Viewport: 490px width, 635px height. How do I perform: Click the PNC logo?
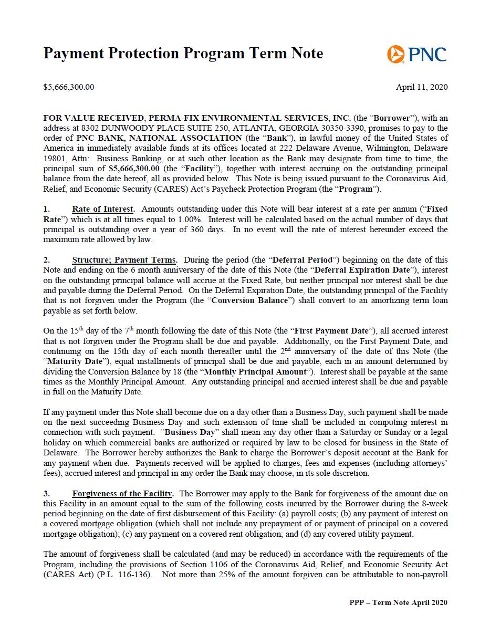(x=416, y=54)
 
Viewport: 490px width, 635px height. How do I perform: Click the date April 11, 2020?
(x=422, y=87)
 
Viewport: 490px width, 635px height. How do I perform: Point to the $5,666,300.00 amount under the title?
(x=69, y=87)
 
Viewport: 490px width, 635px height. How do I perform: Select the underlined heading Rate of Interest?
(x=103, y=209)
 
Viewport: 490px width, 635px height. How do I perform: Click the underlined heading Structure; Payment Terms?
(x=124, y=260)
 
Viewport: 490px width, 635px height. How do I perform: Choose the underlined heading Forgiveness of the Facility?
(x=122, y=494)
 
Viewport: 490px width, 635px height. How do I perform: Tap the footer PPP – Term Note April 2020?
(x=398, y=603)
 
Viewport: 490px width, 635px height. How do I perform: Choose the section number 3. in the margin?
(x=46, y=494)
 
